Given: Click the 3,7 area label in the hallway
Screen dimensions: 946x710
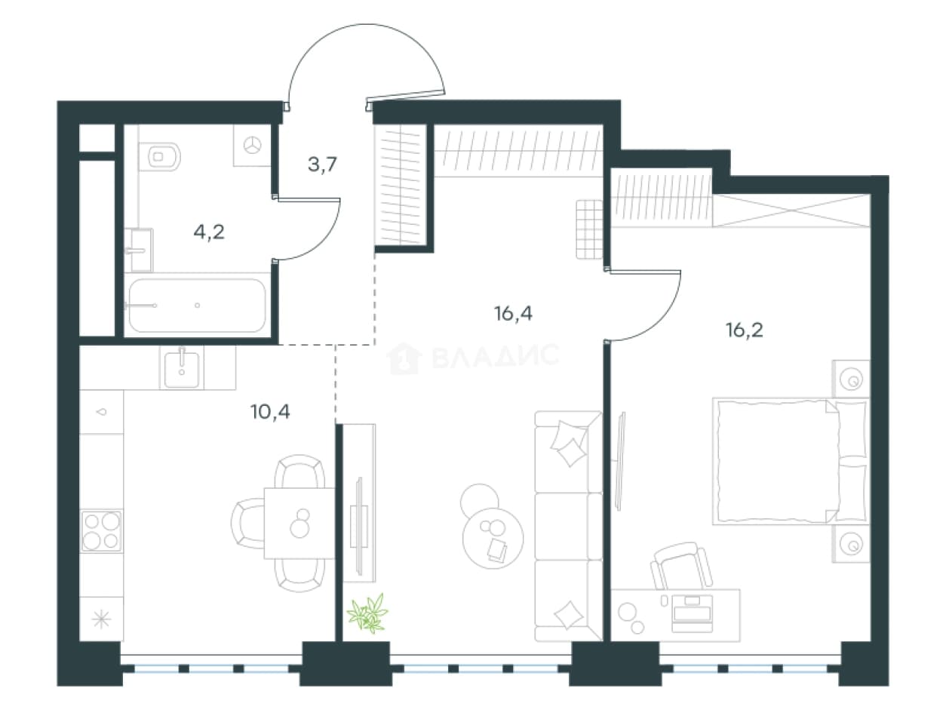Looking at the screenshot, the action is pos(322,164).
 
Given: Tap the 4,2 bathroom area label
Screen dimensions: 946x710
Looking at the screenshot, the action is pos(209,233).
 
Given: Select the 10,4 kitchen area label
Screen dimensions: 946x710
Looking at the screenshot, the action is pos(270,412).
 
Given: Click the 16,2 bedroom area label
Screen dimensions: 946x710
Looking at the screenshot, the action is pos(745,330).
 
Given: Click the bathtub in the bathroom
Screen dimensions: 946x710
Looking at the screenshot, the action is pos(198,306).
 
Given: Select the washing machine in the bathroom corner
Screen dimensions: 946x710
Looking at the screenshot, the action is pos(252,146).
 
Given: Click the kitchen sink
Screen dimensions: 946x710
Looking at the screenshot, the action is pos(182,368).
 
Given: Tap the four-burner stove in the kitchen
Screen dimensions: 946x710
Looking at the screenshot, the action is pos(101,531).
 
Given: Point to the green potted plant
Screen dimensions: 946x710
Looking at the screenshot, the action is pos(368,613).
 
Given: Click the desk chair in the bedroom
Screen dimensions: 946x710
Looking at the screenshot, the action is pos(680,566).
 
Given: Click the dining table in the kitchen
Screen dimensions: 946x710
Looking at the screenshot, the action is pos(299,523).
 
